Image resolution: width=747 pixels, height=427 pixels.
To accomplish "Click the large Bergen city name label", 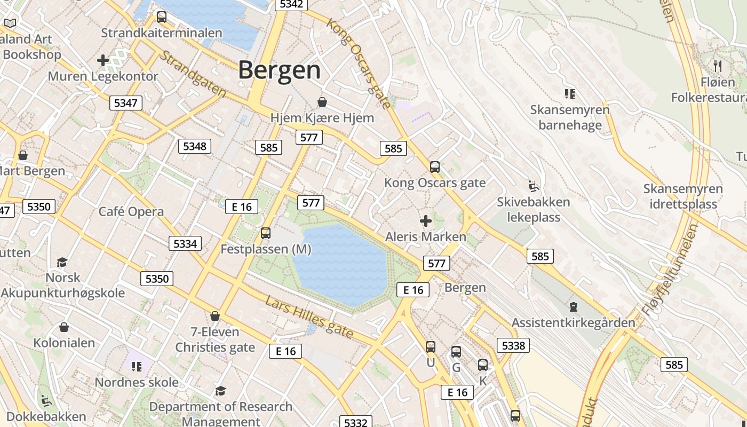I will tap(279, 70).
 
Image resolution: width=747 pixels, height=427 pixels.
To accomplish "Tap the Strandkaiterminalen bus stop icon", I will tap(161, 17).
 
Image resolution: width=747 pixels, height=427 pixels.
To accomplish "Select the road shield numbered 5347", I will tap(126, 102).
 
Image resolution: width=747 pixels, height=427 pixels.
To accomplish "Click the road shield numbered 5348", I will tap(194, 146).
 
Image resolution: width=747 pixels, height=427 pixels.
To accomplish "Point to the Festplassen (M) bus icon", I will tap(265, 233).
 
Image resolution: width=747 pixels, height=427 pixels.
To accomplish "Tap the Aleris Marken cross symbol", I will tap(425, 220).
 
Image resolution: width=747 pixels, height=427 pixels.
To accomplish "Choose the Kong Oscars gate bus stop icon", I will tap(435, 167).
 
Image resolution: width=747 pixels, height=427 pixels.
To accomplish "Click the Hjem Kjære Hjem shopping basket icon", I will tap(322, 101).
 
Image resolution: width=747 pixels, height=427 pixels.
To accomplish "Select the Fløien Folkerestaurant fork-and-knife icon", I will tap(718, 66).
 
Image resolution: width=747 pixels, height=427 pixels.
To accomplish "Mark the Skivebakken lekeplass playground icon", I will tap(534, 186).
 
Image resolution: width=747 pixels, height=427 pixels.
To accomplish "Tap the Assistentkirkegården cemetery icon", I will tap(573, 307).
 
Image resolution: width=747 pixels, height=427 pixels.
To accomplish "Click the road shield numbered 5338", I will tap(513, 345).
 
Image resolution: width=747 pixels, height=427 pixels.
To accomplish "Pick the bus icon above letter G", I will tap(456, 352).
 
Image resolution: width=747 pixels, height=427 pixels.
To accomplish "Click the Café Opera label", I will tap(131, 211).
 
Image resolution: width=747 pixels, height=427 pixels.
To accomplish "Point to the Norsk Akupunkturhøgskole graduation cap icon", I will tap(62, 262).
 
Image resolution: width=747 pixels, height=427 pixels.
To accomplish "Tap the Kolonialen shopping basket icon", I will tap(64, 327).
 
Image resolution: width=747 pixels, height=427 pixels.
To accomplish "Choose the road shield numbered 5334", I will tap(185, 243).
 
